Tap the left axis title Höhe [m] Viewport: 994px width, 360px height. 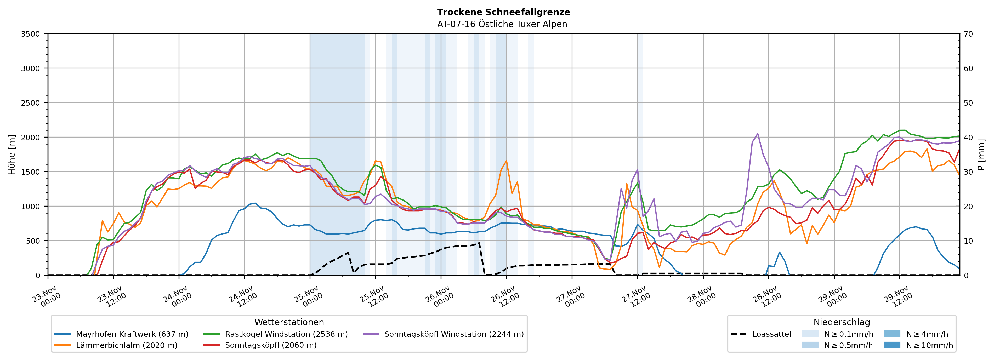click(12, 154)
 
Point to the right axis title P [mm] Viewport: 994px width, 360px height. click(981, 154)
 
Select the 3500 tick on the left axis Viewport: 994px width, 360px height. click(31, 34)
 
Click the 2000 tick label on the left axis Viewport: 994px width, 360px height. click(31, 137)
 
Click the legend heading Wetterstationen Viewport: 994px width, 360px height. click(289, 322)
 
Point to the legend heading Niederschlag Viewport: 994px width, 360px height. click(842, 322)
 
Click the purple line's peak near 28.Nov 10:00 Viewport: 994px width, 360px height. click(757, 134)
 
